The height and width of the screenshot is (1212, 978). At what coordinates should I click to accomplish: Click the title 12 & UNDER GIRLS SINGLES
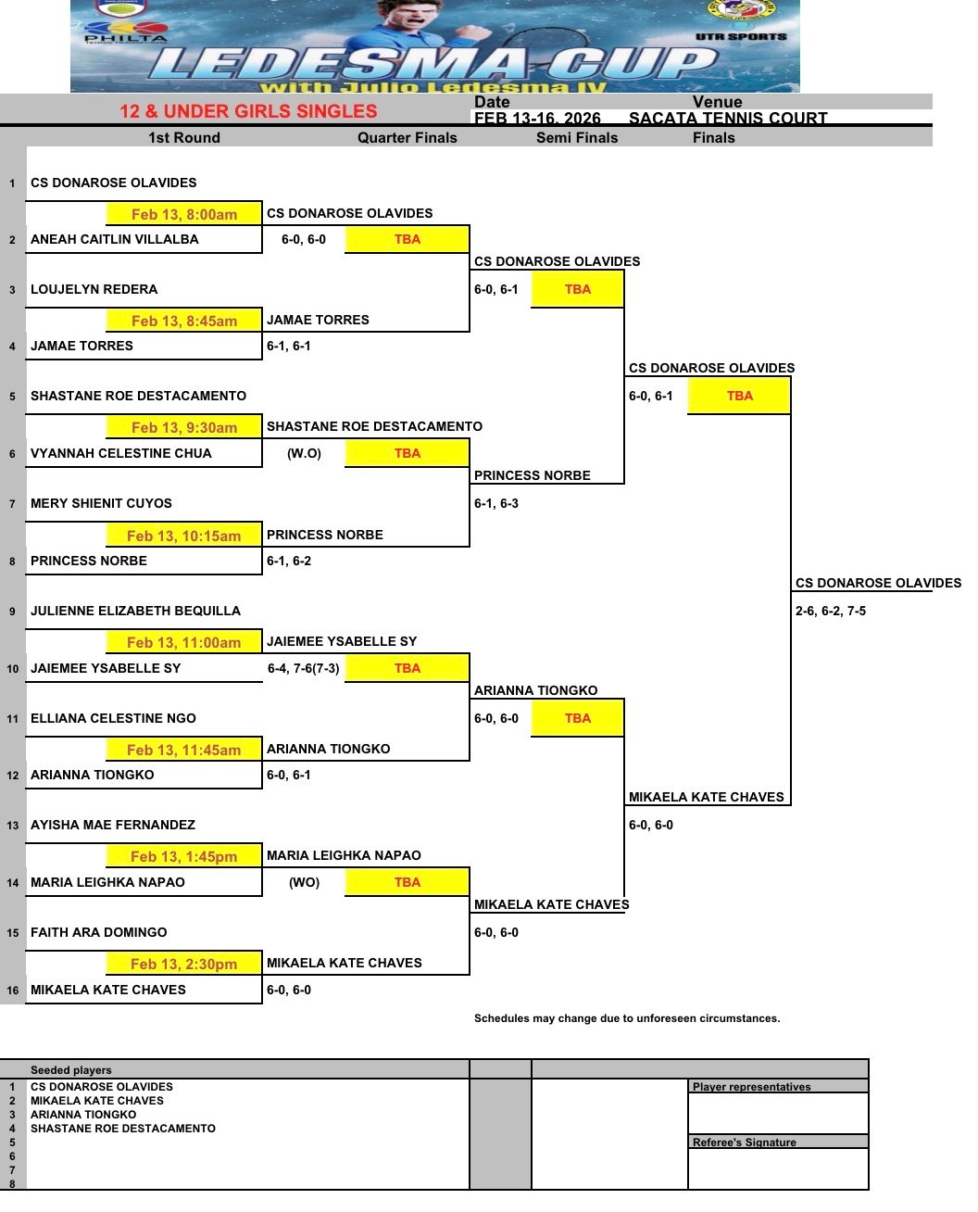pyautogui.click(x=248, y=111)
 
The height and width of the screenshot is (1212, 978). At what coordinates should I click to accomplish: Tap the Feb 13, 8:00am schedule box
pyautogui.click(x=184, y=214)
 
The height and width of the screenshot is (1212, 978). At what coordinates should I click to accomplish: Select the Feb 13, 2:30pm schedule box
pyautogui.click(x=184, y=964)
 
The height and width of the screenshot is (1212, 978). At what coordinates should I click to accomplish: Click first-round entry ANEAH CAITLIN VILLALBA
pyautogui.click(x=115, y=239)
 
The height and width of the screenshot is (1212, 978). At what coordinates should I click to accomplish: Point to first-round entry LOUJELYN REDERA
pyautogui.click(x=94, y=289)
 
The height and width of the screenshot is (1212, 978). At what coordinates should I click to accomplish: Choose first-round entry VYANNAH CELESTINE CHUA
pyautogui.click(x=121, y=453)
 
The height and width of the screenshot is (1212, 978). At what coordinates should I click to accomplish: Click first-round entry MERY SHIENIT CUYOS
pyautogui.click(x=102, y=503)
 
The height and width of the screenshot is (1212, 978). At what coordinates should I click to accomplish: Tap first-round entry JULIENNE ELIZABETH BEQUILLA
pyautogui.click(x=136, y=611)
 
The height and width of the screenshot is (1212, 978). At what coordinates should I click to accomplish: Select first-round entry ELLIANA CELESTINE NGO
pyautogui.click(x=114, y=718)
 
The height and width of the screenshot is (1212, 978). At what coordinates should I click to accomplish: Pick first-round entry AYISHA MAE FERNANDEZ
pyautogui.click(x=113, y=825)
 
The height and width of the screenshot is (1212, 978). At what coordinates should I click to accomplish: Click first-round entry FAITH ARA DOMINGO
pyautogui.click(x=99, y=932)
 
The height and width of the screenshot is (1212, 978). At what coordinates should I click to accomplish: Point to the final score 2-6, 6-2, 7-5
pyautogui.click(x=831, y=611)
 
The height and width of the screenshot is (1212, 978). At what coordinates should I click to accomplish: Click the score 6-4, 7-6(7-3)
pyautogui.click(x=304, y=668)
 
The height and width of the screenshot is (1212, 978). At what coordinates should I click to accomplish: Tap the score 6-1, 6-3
pyautogui.click(x=496, y=503)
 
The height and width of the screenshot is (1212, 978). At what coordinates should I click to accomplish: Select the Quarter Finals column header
pyautogui.click(x=407, y=137)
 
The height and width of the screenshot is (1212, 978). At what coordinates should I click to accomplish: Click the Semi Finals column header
pyautogui.click(x=577, y=137)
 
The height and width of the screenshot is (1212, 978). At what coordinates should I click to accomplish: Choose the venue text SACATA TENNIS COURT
pyautogui.click(x=728, y=118)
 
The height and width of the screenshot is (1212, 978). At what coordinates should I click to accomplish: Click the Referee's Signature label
pyautogui.click(x=745, y=1143)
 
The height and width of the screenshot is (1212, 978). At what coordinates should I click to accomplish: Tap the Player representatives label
pyautogui.click(x=751, y=1087)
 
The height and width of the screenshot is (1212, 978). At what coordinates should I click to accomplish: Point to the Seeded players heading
pyautogui.click(x=71, y=1070)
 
